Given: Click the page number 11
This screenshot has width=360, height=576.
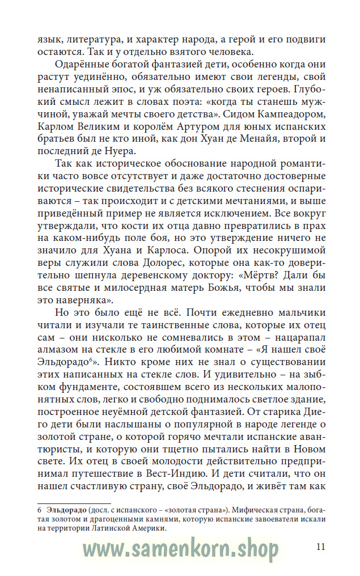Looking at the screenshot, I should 320,547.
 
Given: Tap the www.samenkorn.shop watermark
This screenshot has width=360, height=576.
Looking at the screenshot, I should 181,549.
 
